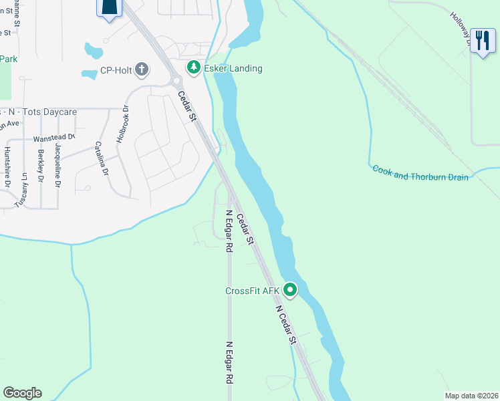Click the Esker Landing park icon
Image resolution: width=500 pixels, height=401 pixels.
click(x=193, y=68)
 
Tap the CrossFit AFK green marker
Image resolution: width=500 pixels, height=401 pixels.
click(x=290, y=290)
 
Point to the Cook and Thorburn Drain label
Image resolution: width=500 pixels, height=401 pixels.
click(x=420, y=172)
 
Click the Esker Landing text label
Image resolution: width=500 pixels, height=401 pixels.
click(x=233, y=68)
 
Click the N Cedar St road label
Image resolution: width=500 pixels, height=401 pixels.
click(x=284, y=323)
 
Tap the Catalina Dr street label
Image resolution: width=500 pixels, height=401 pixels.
click(x=102, y=158)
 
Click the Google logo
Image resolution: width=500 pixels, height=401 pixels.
click(x=22, y=393)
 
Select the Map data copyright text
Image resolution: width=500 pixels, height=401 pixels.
click(x=471, y=396)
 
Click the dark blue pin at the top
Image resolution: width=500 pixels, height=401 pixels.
click(x=110, y=9)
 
